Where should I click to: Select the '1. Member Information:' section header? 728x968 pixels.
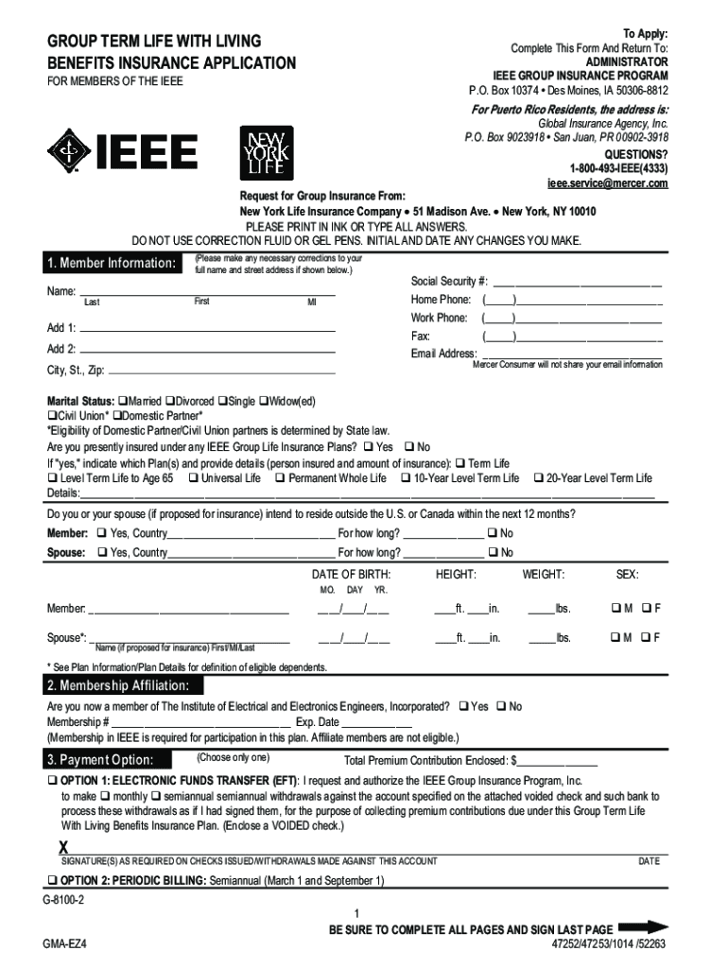(112, 262)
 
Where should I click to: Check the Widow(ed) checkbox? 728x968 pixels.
(264, 401)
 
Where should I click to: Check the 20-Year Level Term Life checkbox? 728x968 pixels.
(539, 478)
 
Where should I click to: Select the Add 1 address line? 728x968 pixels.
(208, 332)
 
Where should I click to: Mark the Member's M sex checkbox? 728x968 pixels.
(615, 607)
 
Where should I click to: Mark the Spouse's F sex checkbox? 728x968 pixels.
(646, 638)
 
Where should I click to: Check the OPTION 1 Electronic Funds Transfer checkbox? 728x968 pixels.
(53, 782)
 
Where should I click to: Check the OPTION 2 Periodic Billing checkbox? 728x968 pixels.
(53, 880)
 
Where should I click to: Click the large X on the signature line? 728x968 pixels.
(64, 847)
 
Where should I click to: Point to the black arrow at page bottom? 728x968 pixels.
(646, 927)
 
